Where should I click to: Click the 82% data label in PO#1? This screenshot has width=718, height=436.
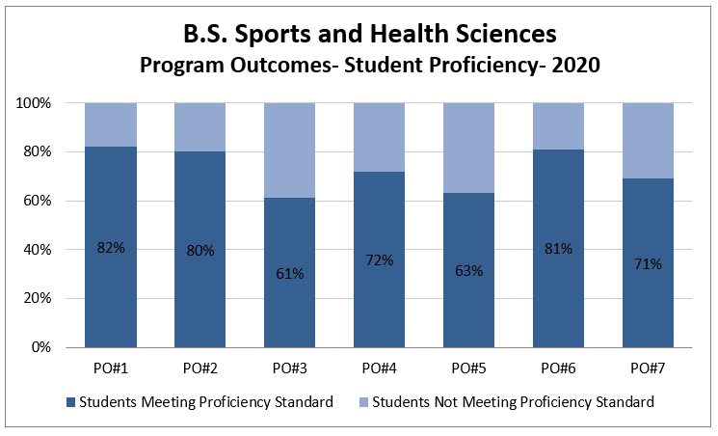pyautogui.click(x=110, y=248)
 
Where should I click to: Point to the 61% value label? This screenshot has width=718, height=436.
pyautogui.click(x=289, y=274)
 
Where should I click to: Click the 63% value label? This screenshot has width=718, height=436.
pyautogui.click(x=468, y=270)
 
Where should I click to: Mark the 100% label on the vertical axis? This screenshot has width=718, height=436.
pyautogui.click(x=47, y=103)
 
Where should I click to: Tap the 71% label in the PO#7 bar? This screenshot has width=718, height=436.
pyautogui.click(x=648, y=263)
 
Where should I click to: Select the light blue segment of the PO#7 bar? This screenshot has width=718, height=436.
pyautogui.click(x=648, y=140)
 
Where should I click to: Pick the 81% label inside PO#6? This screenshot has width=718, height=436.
pyautogui.click(x=558, y=249)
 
